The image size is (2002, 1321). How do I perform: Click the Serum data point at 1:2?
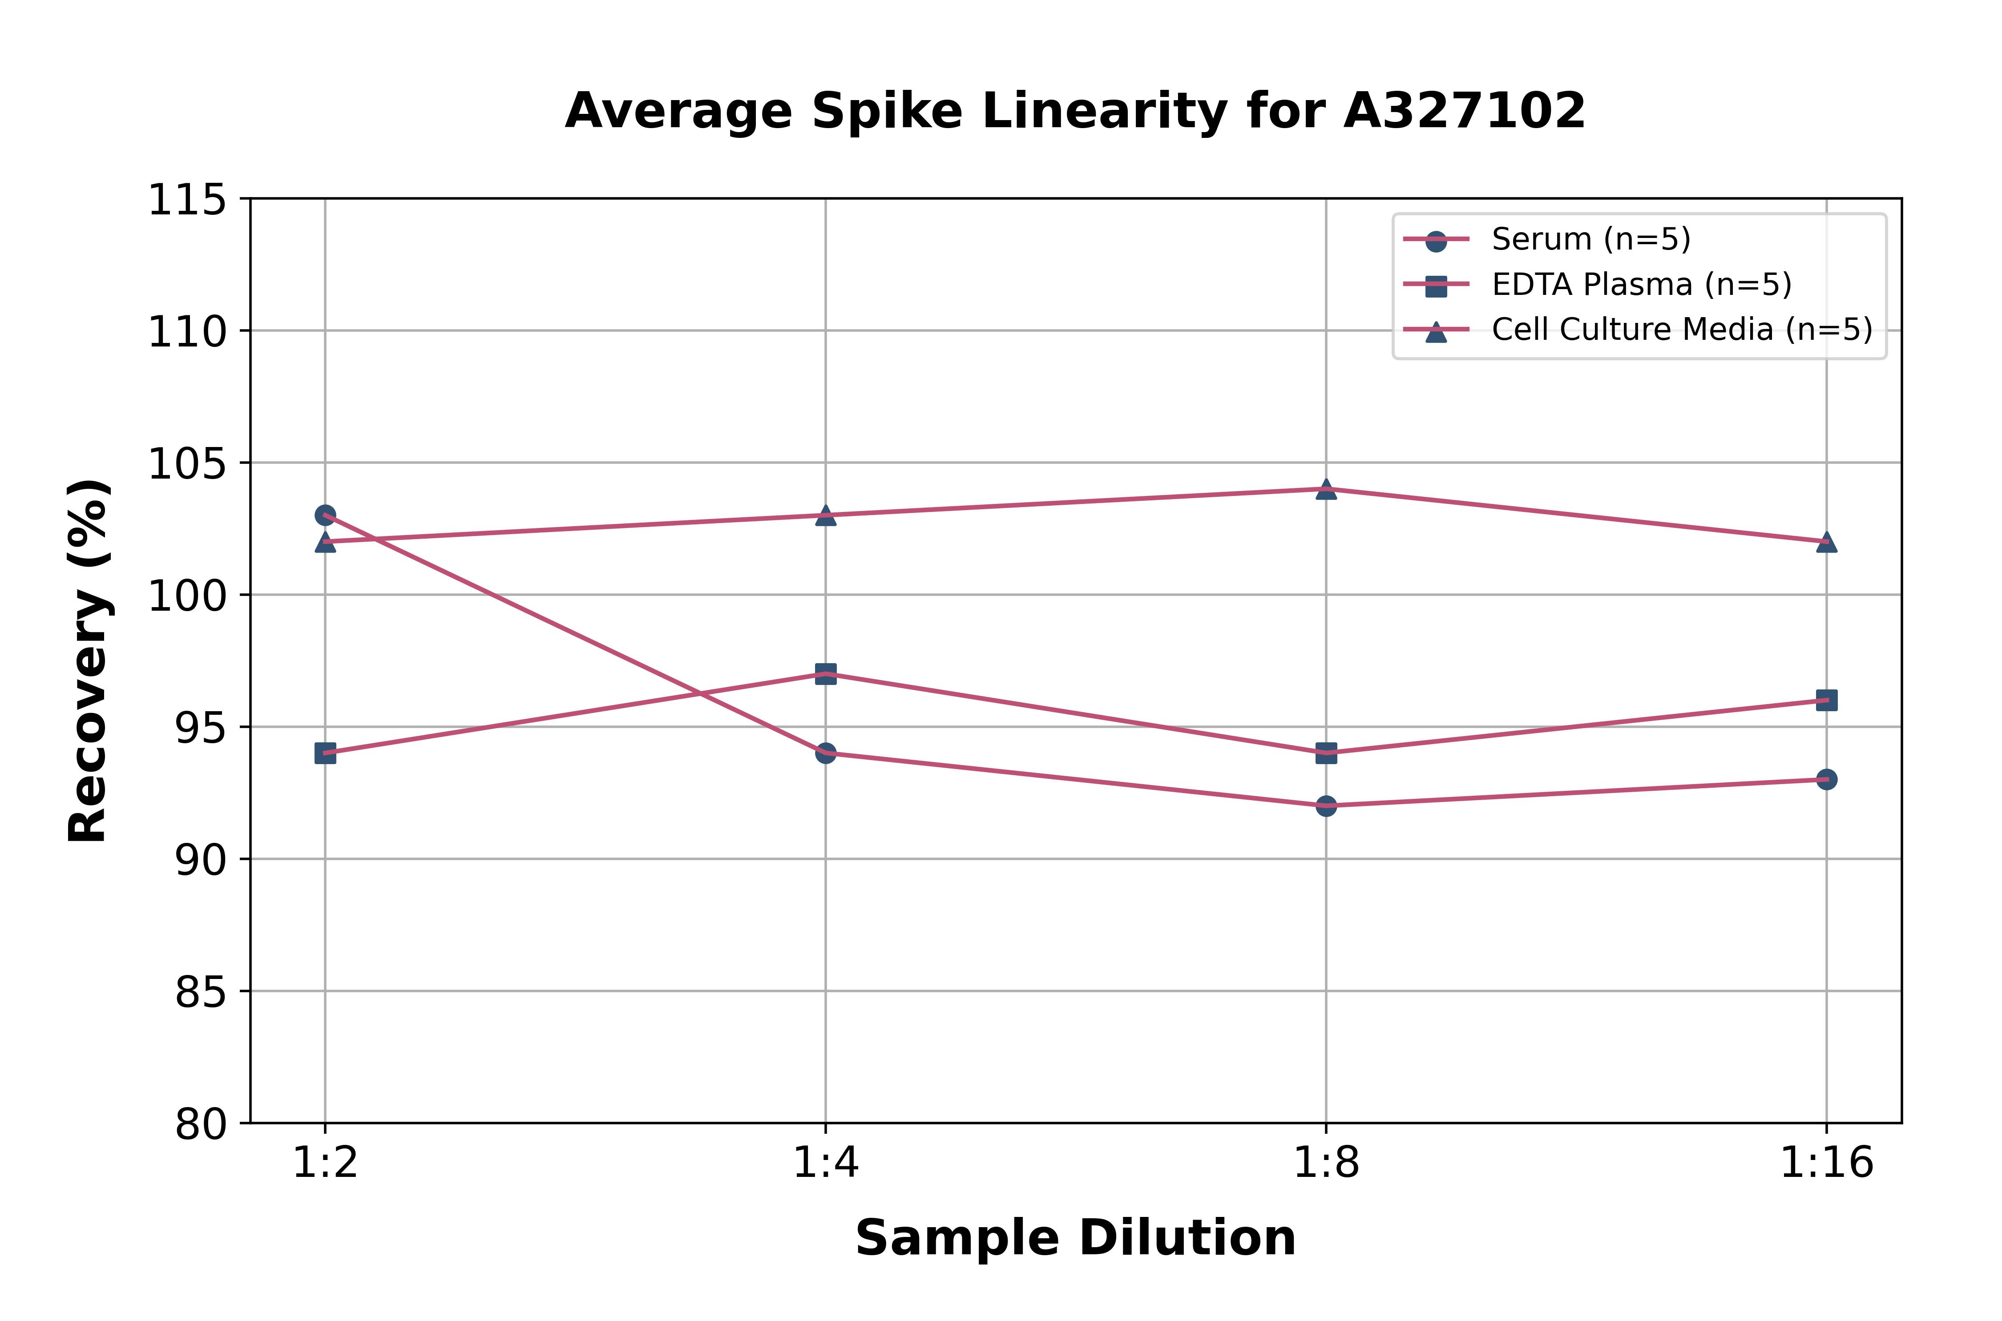325,515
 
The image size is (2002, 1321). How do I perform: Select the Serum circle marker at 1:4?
826,752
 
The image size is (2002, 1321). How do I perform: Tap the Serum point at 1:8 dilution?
1326,805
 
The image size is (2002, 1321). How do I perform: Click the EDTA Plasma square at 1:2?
325,753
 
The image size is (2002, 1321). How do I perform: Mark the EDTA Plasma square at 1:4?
826,673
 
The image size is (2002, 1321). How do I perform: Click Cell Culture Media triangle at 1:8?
1326,489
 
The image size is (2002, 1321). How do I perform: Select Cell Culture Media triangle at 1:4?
826,515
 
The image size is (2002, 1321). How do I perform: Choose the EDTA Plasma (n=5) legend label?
1641,285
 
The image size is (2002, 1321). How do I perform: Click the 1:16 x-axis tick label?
1826,1164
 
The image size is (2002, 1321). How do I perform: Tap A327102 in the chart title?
1465,110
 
